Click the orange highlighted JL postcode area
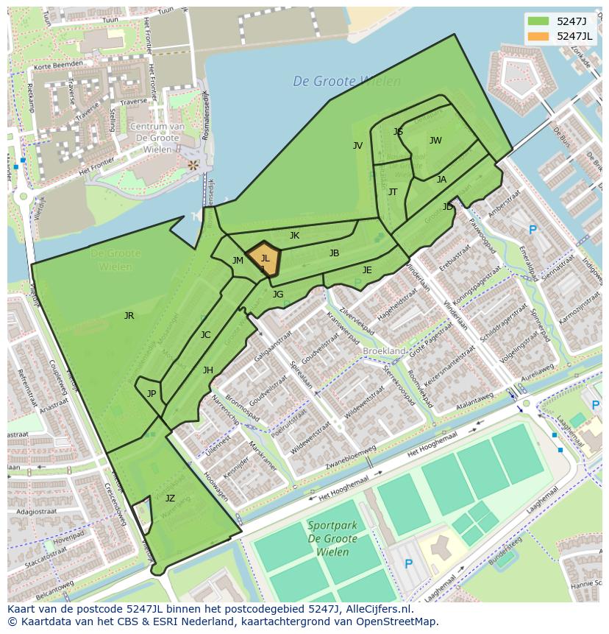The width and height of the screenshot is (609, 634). [x=264, y=258]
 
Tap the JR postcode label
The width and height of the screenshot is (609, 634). [x=129, y=316]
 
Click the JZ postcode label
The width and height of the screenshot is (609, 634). [x=170, y=499]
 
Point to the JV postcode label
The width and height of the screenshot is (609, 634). [x=357, y=146]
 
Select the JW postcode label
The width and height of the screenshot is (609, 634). [x=435, y=141]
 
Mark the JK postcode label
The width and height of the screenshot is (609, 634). [x=294, y=236]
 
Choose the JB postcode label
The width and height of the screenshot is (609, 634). [x=334, y=253]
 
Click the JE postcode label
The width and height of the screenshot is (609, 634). [x=367, y=270]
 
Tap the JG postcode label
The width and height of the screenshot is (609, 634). [x=277, y=295]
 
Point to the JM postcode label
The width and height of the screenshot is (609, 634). [x=238, y=261]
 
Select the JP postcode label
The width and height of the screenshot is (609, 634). [x=151, y=394]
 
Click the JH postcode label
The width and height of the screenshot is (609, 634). [x=208, y=370]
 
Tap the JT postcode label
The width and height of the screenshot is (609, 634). [x=392, y=192]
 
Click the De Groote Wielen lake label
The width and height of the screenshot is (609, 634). [x=346, y=82]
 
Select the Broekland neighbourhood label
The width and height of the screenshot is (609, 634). [x=384, y=352]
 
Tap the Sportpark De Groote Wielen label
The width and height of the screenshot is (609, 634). [x=332, y=532]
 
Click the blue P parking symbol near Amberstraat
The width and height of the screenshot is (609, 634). [x=533, y=230]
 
